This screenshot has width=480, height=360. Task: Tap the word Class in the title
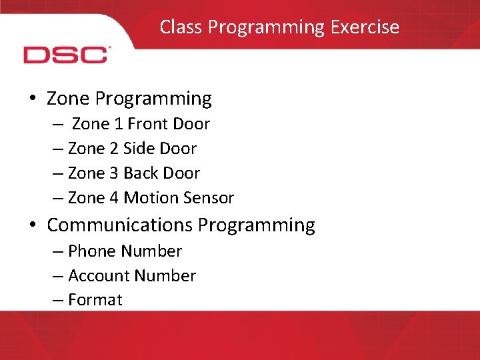coord(181,27)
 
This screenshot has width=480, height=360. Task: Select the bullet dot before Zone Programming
coord(33,99)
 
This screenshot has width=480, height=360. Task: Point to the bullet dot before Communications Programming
coord(33,225)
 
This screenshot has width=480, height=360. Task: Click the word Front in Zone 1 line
coord(147,124)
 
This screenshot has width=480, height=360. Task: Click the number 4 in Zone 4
coord(115,198)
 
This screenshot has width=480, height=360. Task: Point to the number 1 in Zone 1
coord(119,124)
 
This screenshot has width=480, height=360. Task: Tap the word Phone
coord(93,251)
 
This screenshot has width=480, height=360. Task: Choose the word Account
coord(99,276)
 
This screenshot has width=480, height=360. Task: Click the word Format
coord(95,300)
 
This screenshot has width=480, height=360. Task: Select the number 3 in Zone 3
coord(115,173)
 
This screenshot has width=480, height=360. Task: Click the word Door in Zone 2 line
coord(178,149)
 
